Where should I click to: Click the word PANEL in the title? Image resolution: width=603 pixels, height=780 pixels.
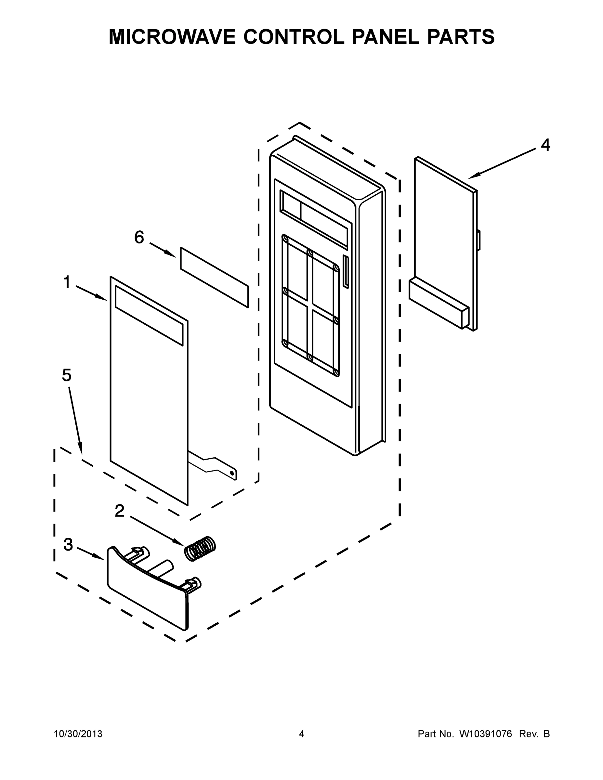click(x=386, y=37)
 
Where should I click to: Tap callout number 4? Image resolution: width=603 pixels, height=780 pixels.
click(x=545, y=145)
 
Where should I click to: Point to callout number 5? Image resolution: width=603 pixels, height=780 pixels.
click(x=67, y=375)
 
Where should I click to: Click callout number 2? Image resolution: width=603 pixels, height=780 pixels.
click(x=119, y=511)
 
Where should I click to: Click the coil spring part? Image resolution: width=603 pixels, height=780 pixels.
click(x=200, y=549)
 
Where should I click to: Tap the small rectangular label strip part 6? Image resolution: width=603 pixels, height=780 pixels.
click(x=214, y=277)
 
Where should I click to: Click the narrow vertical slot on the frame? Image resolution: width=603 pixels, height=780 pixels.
click(x=346, y=271)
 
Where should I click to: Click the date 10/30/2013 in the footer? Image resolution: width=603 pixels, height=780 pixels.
click(x=78, y=734)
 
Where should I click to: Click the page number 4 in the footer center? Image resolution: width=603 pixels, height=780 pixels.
click(x=302, y=734)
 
